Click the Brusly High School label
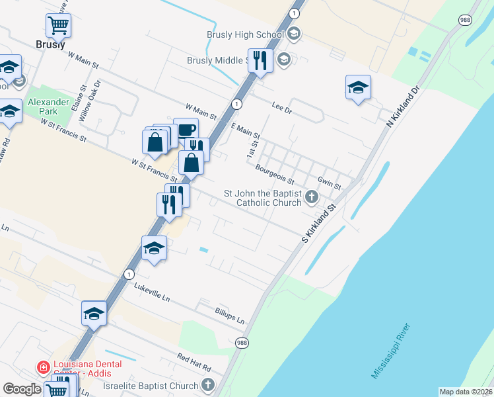pyautogui.click(x=244, y=34)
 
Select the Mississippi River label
pyautogui.click(x=390, y=351)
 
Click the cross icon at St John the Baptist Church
pyautogui.click(x=312, y=197)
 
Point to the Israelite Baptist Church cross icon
pyautogui.click(x=208, y=385)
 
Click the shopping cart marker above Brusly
pyautogui.click(x=58, y=25)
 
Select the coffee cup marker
pyautogui.click(x=186, y=129)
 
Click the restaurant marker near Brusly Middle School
pyautogui.click(x=260, y=61)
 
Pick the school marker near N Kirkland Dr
pyautogui.click(x=357, y=87)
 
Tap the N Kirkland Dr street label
pyautogui.click(x=403, y=105)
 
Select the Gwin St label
pyautogui.click(x=328, y=183)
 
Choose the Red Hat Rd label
pyautogui.click(x=194, y=363)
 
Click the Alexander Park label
pyautogui.click(x=48, y=107)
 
